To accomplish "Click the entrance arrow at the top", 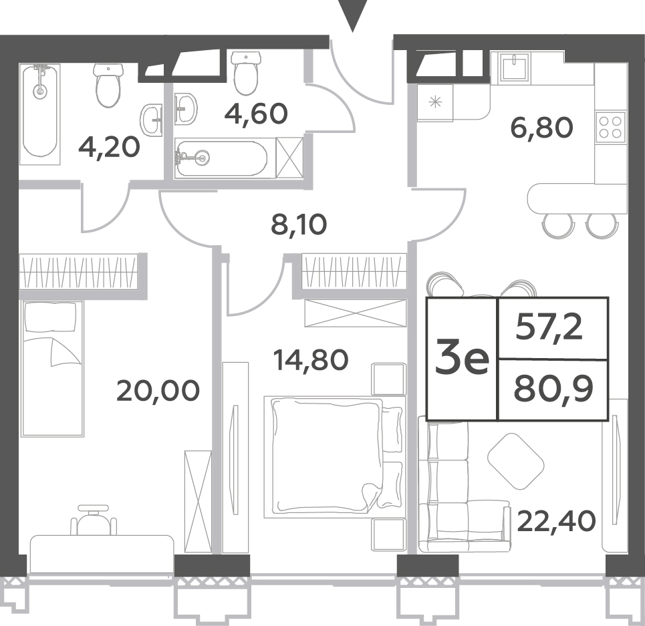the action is pos(352,15).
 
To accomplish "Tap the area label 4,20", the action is pos(109,148).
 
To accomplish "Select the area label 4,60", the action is pos(255,114).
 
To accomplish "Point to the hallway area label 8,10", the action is pos(299,224).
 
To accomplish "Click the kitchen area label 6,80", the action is pos(541,127).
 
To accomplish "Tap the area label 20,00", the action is pos(158,390).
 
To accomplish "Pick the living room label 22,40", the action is pos(556,521).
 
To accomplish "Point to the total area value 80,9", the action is pos(553,389).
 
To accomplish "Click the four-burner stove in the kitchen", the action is pos(610,127).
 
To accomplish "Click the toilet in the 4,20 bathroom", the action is pos(108,85).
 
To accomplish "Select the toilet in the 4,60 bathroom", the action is pos(246,73).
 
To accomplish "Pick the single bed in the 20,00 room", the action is pos(52,368).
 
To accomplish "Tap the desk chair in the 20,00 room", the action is pos(94,520).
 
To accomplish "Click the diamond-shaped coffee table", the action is pos(515,461).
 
